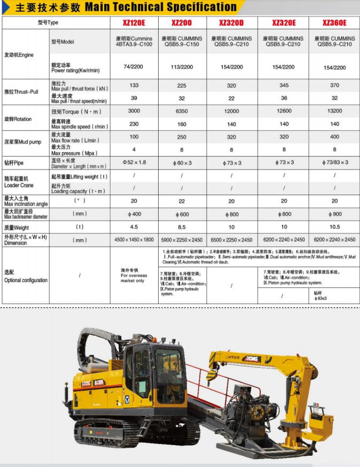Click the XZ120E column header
pos(134,22)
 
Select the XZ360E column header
pos(334,22)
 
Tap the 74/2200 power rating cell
pos(134,67)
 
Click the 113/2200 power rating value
pos(182,67)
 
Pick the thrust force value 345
pos(284,85)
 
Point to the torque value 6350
pos(182,111)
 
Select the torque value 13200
pos(334,111)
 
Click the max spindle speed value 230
pos(134,124)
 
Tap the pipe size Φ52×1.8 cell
pos(134,162)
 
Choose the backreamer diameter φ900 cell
pos(334,214)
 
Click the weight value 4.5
pos(134,227)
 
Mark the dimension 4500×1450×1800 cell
pos(134,240)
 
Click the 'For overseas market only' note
pos(133,276)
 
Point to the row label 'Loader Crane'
pos(19,185)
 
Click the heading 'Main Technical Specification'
pos(160,7)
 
